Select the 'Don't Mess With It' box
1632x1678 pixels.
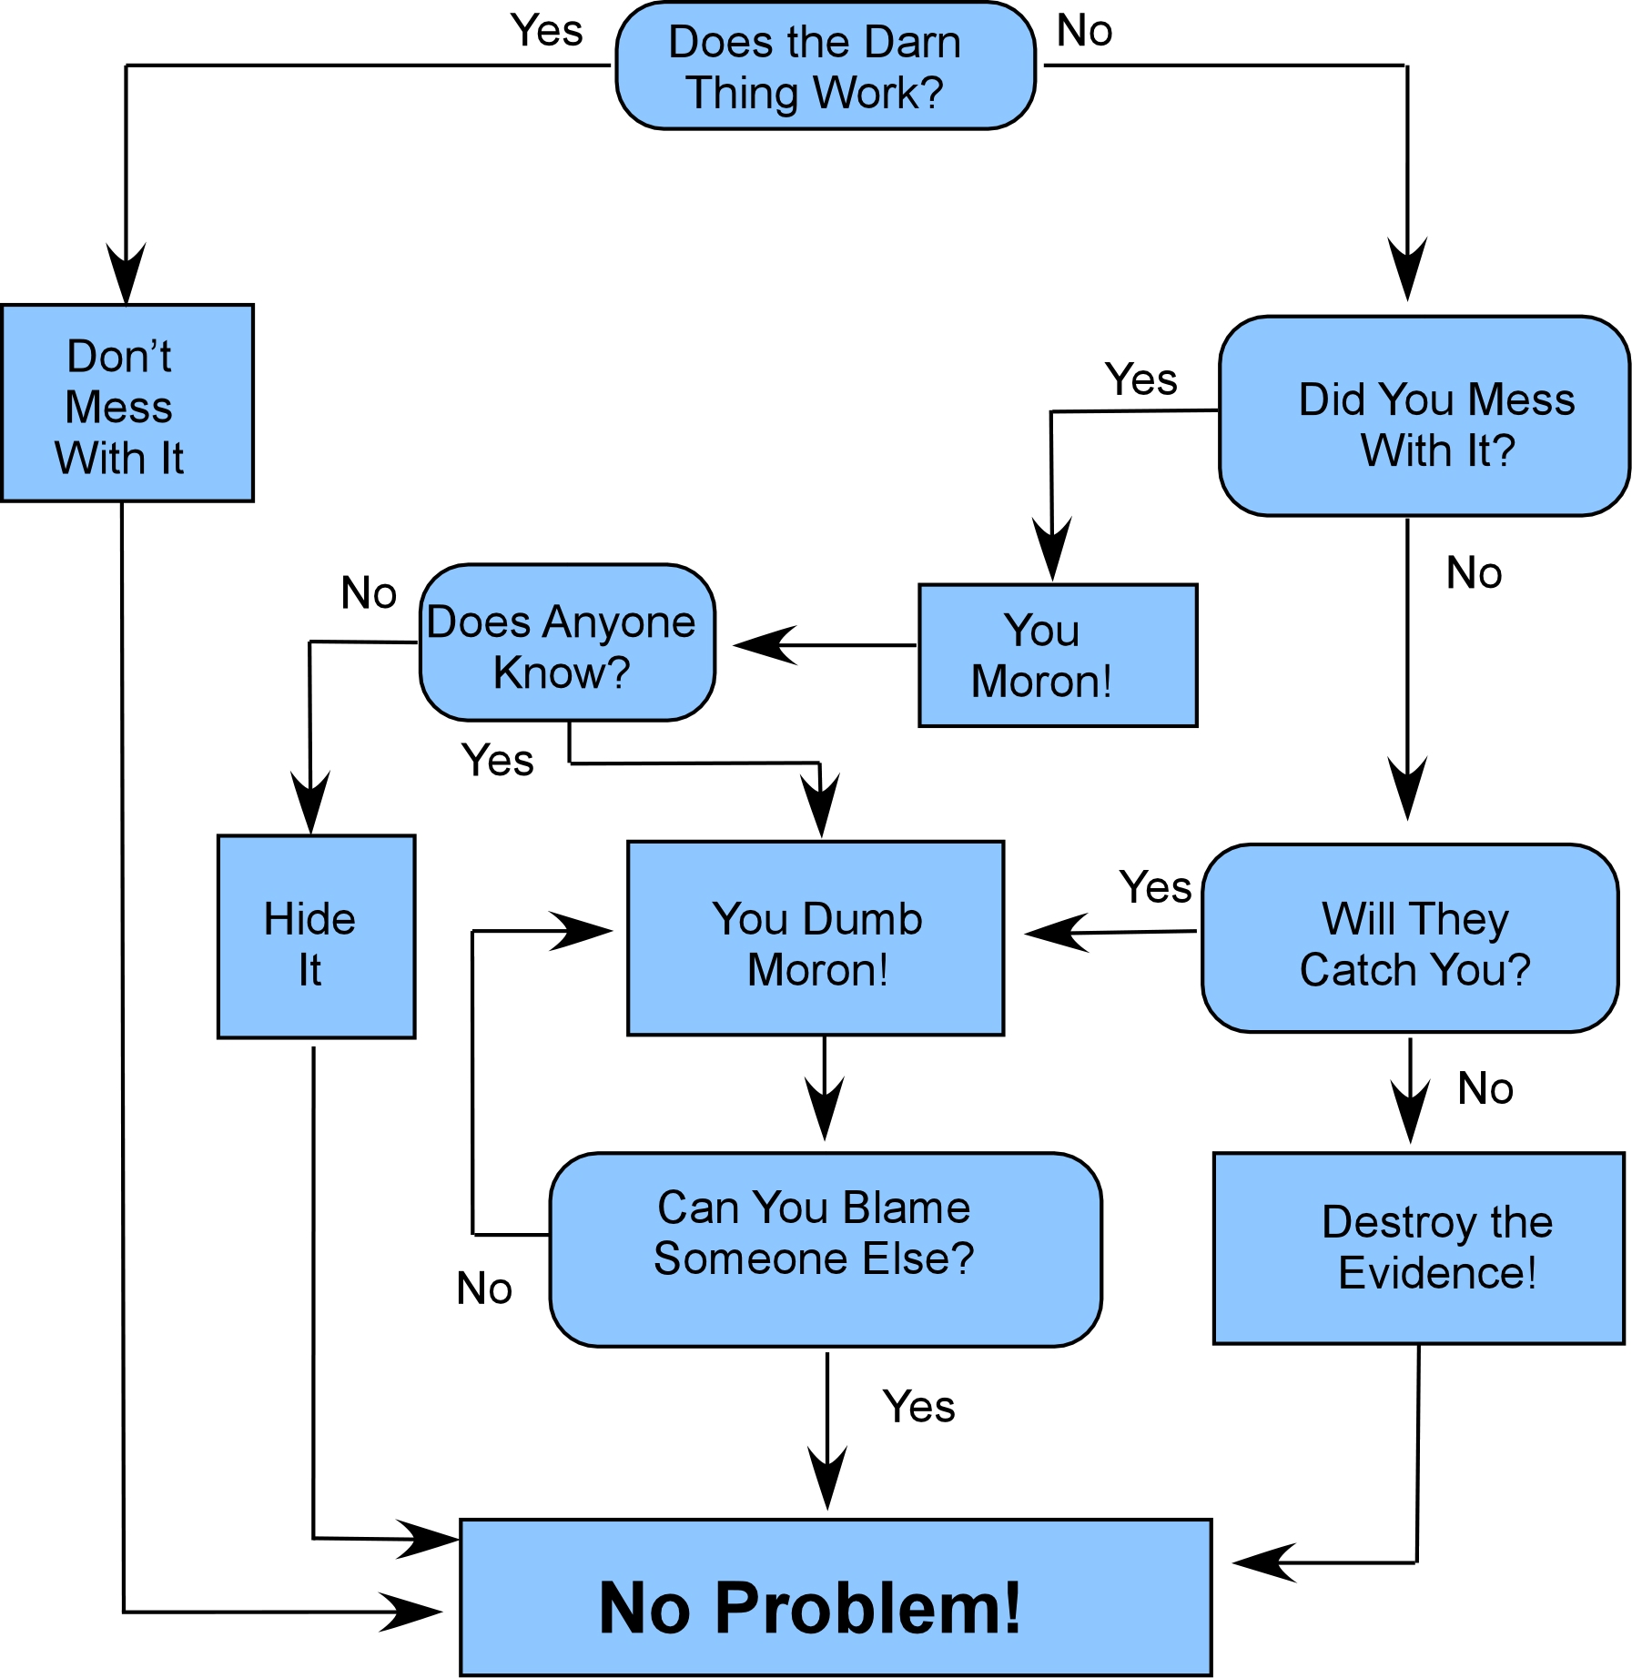click(127, 403)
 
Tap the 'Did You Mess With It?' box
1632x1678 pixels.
click(1424, 417)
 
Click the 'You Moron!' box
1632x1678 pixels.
click(1058, 655)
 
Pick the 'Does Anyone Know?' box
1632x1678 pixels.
click(567, 643)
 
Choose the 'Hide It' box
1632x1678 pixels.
click(316, 936)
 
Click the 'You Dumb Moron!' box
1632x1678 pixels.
click(816, 938)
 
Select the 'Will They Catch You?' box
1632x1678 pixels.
click(1410, 938)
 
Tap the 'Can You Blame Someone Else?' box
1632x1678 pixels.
click(825, 1249)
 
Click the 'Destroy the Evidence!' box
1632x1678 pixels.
click(1418, 1248)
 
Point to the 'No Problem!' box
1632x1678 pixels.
click(836, 1598)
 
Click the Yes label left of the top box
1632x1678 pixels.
click(546, 31)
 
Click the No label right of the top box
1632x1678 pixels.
click(1084, 31)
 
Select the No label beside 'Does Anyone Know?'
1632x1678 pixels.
click(369, 593)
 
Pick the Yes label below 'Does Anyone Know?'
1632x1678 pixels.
click(497, 760)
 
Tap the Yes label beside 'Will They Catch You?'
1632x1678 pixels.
click(1155, 887)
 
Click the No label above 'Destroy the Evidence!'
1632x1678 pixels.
click(1485, 1088)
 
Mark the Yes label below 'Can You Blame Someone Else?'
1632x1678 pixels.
click(918, 1407)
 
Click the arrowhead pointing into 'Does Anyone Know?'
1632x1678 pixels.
click(763, 645)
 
